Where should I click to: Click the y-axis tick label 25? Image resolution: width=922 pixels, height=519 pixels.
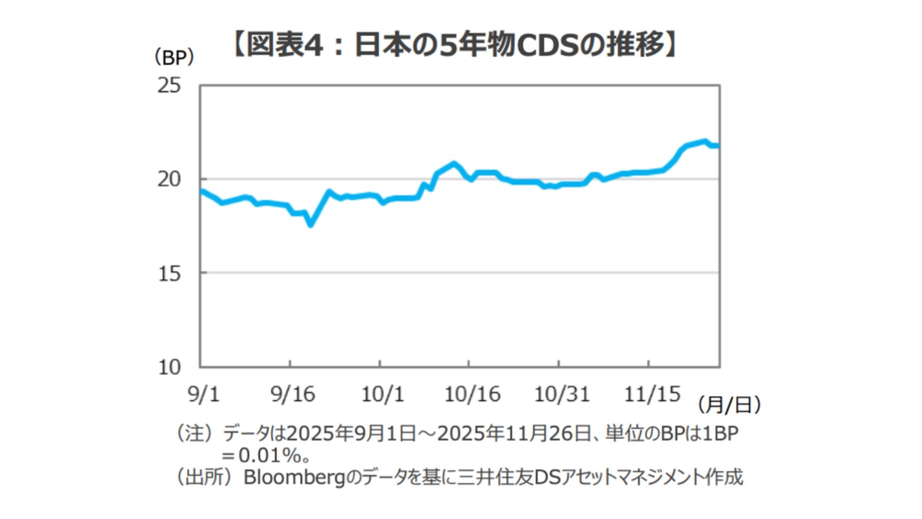[169, 86]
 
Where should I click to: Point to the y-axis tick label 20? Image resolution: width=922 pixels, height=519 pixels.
[169, 179]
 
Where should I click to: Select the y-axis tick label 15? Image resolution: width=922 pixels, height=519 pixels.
[169, 273]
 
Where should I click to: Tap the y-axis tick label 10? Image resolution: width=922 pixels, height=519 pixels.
[169, 367]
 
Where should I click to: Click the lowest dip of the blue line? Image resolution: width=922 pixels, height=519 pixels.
[310, 223]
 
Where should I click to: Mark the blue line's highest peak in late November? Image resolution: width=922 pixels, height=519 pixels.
[704, 141]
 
